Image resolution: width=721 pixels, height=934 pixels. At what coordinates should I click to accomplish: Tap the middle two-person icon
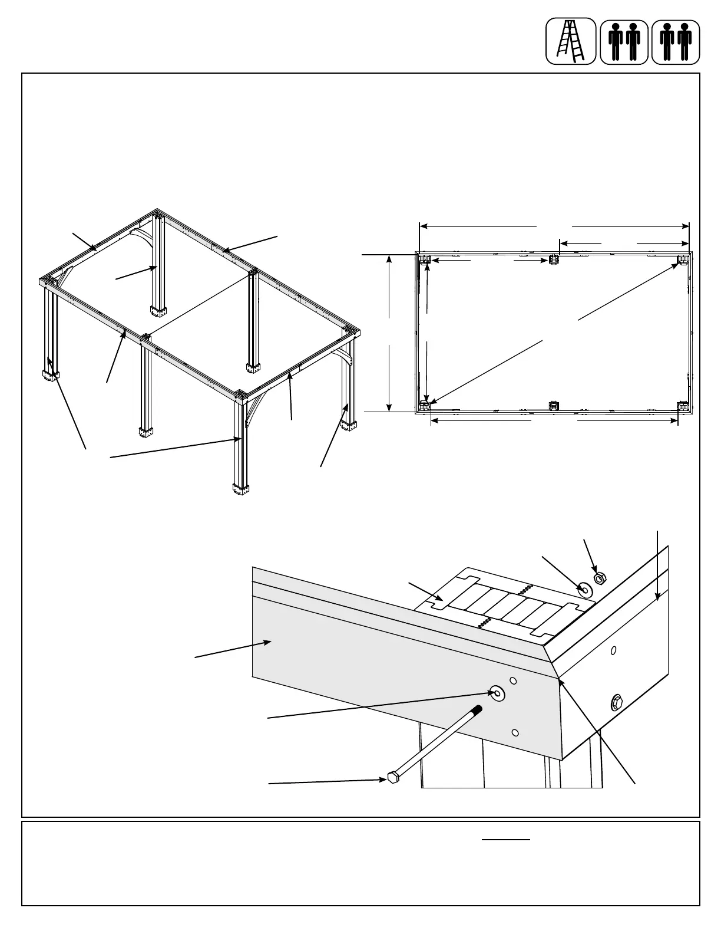click(x=624, y=41)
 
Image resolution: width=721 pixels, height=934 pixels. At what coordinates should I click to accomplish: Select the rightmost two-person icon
click(x=676, y=41)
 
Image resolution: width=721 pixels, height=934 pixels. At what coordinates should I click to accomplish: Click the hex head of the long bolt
click(x=392, y=778)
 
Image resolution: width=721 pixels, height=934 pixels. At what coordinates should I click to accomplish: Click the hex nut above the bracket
click(x=599, y=578)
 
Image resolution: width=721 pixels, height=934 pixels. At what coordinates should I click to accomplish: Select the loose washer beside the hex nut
click(x=584, y=588)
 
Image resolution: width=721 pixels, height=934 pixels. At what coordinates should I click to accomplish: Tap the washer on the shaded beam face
click(x=497, y=694)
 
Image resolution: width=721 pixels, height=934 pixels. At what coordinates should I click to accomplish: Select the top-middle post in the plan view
click(x=554, y=259)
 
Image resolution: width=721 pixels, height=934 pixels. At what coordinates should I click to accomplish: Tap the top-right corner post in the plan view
click(x=683, y=259)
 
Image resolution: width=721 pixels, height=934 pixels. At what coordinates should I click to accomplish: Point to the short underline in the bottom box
click(x=506, y=839)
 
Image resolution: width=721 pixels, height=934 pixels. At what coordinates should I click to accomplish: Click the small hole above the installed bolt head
click(x=614, y=650)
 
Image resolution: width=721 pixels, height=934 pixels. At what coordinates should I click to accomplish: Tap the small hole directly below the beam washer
click(x=515, y=732)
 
